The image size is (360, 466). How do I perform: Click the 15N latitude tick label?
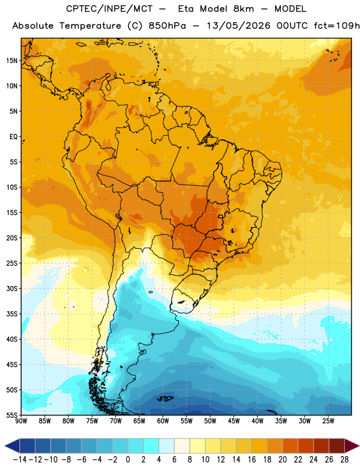click(12, 61)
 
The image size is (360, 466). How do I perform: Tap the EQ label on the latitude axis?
click(13, 137)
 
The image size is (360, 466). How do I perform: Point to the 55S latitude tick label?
click(12, 415)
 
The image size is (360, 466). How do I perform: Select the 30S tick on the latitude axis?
click(12, 288)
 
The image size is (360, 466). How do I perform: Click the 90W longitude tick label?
click(21, 421)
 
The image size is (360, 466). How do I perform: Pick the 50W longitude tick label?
click(210, 421)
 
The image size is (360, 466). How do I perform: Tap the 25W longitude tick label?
click(328, 421)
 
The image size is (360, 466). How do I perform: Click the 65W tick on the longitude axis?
click(139, 421)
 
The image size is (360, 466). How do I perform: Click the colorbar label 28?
click(344, 460)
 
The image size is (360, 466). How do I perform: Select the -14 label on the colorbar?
click(20, 460)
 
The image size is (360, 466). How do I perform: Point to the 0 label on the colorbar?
click(128, 460)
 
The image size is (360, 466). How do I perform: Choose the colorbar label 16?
click(252, 460)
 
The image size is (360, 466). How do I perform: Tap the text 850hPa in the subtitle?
click(167, 26)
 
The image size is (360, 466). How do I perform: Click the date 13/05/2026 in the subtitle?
click(239, 26)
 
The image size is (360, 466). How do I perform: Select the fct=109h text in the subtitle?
click(337, 26)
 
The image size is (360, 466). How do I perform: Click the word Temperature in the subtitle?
click(90, 26)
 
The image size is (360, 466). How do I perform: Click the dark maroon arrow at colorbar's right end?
click(352, 446)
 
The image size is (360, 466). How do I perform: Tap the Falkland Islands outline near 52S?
click(165, 398)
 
